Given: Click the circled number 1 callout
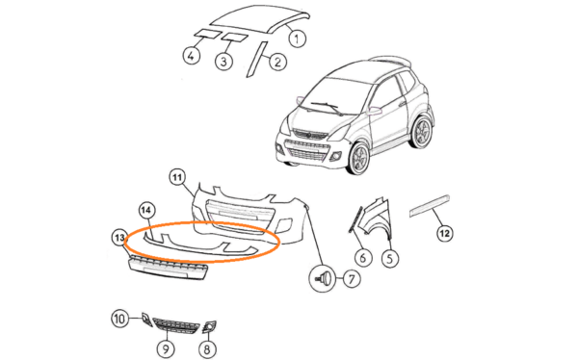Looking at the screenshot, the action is pyautogui.click(x=297, y=38).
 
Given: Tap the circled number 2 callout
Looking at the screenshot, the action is pyautogui.click(x=277, y=62).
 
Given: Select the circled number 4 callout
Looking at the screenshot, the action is pyautogui.click(x=192, y=56).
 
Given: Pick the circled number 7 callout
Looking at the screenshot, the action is pyautogui.click(x=352, y=279).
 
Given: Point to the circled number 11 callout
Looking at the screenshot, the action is pyautogui.click(x=177, y=178).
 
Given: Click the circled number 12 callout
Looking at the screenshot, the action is pyautogui.click(x=444, y=233).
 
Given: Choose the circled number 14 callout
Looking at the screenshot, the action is pyautogui.click(x=146, y=211).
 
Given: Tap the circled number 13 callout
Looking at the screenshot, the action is pyautogui.click(x=119, y=238).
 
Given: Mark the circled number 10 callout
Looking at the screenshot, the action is pyautogui.click(x=120, y=318).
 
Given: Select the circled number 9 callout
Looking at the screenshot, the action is pyautogui.click(x=166, y=348).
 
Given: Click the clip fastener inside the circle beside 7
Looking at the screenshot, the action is pyautogui.click(x=323, y=278).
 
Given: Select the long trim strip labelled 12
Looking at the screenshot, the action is pyautogui.click(x=430, y=205).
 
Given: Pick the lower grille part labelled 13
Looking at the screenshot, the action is pyautogui.click(x=168, y=268).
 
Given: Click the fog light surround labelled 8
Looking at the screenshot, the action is pyautogui.click(x=209, y=326).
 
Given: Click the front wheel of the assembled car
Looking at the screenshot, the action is pyautogui.click(x=358, y=159).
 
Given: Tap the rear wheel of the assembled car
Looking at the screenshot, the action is pyautogui.click(x=421, y=132).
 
